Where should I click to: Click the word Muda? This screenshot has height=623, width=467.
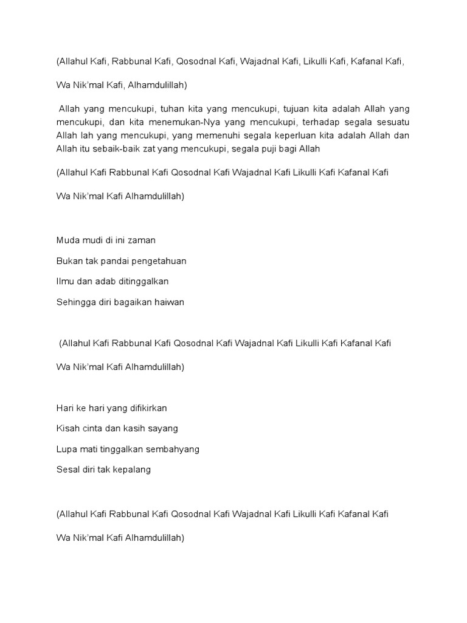(67, 240)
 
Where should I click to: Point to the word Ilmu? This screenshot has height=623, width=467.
(64, 281)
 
